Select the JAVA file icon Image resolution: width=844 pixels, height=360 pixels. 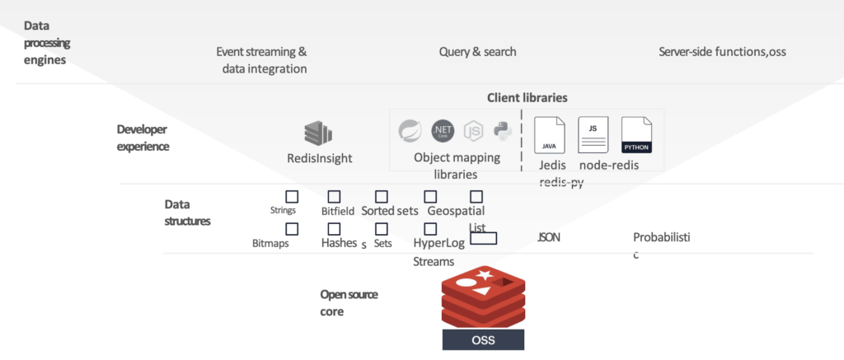(550, 134)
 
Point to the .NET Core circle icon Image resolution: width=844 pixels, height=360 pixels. (443, 130)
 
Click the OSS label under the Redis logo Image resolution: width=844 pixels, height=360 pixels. (482, 339)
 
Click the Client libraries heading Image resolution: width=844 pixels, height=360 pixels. (527, 97)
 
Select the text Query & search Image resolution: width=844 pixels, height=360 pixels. (477, 52)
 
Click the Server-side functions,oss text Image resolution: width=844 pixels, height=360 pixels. (722, 52)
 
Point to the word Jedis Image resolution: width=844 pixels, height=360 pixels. (552, 165)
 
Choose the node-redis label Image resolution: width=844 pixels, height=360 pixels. (609, 165)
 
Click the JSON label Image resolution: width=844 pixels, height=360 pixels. (549, 237)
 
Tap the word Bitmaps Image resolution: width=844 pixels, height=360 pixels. (270, 244)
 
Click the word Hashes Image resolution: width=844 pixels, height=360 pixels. (339, 243)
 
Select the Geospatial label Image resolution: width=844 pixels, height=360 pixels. (456, 211)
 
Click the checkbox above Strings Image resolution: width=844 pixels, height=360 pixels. (291, 196)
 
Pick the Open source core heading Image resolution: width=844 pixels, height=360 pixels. (349, 303)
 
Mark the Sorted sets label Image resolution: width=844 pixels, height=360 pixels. (390, 211)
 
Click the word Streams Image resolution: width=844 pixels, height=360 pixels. (434, 262)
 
